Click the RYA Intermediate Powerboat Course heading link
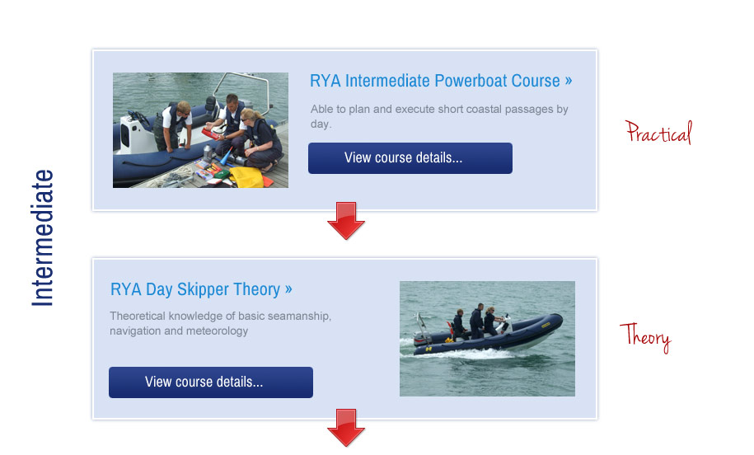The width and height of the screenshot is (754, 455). point(441,81)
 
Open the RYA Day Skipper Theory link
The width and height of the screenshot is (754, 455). point(201,289)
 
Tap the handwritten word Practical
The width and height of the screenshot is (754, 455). point(658,133)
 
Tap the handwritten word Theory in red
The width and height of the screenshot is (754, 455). point(645,337)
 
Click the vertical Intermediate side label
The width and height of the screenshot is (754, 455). point(42,238)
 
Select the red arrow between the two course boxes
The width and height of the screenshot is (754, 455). point(346,220)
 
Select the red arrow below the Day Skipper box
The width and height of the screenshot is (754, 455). point(346,428)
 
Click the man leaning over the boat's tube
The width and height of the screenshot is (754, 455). point(172,124)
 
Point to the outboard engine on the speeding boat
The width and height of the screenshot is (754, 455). point(422,332)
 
